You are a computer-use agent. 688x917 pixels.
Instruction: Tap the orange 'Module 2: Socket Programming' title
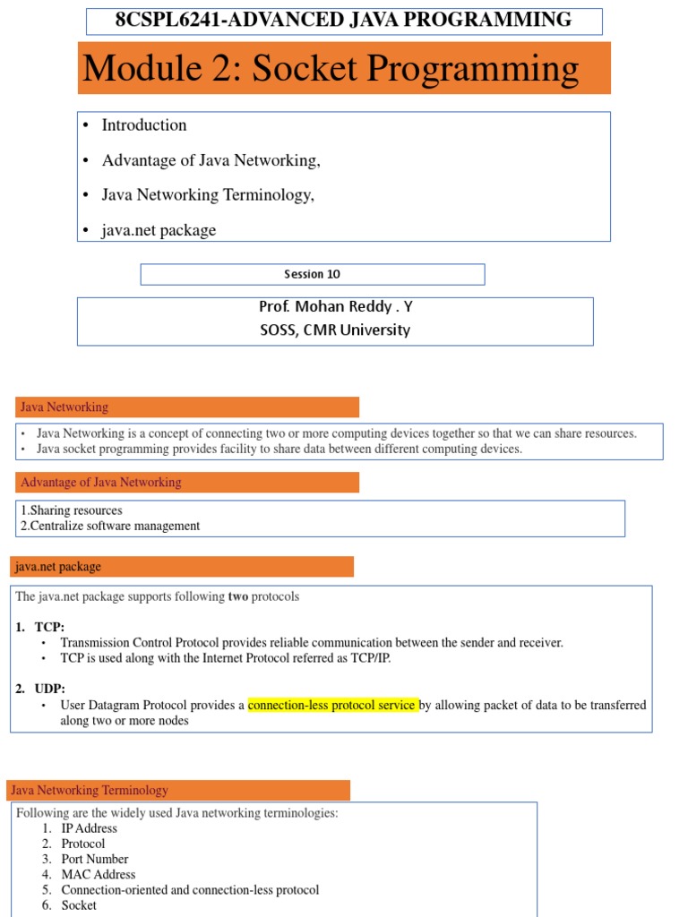[x=331, y=69]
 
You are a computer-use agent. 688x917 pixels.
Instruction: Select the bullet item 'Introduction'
[x=144, y=125]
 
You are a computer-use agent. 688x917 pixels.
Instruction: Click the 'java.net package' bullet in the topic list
[x=159, y=230]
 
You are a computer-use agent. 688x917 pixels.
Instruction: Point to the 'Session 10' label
[x=312, y=274]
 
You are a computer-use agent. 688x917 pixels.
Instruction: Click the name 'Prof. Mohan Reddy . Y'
[x=335, y=306]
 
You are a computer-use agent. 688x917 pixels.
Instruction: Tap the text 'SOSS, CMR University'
[x=335, y=330]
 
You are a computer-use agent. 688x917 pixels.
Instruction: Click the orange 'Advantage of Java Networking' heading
[x=100, y=483]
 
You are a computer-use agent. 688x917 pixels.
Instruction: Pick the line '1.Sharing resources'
[x=71, y=510]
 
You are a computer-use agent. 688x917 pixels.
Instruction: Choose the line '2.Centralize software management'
[x=110, y=526]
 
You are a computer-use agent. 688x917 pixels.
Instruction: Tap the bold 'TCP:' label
[x=49, y=627]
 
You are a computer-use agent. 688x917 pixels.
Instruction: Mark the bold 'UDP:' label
[x=50, y=688]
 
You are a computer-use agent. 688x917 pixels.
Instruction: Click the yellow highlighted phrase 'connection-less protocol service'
[x=332, y=705]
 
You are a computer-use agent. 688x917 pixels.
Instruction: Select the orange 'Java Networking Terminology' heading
[x=90, y=791]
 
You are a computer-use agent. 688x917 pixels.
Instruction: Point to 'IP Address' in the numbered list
[x=90, y=828]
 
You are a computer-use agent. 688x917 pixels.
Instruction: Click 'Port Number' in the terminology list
[x=95, y=859]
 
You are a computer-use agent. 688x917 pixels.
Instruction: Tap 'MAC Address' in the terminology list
[x=99, y=874]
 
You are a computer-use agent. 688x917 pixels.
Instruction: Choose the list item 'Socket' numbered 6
[x=79, y=904]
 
